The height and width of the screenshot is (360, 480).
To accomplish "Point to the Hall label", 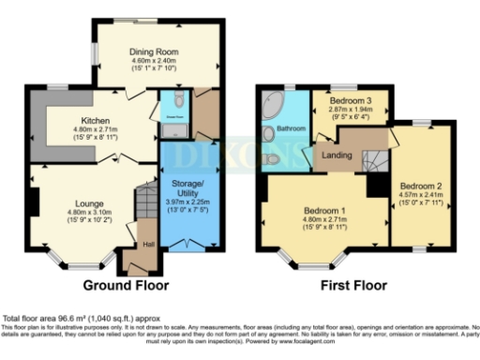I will pos(148,245).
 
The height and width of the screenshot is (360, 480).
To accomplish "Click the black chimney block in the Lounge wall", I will pos(32,202).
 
